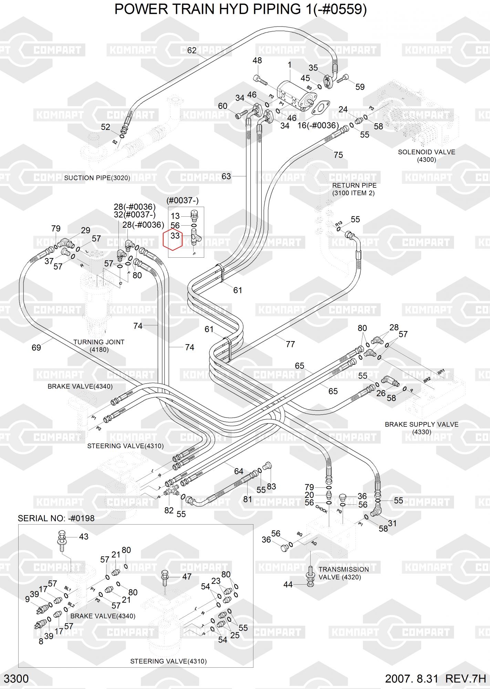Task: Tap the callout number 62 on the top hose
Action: [191, 50]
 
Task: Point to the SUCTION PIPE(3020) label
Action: [97, 178]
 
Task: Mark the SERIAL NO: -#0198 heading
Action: [56, 518]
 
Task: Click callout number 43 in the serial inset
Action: [84, 536]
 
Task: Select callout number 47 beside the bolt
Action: [187, 577]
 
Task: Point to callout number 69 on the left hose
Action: [36, 348]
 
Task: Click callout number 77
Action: [290, 344]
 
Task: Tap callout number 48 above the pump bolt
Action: [257, 61]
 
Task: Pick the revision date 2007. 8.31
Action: [411, 679]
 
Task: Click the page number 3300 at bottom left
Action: [16, 679]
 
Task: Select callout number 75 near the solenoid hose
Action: [338, 155]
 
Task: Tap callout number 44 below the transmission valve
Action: [288, 585]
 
